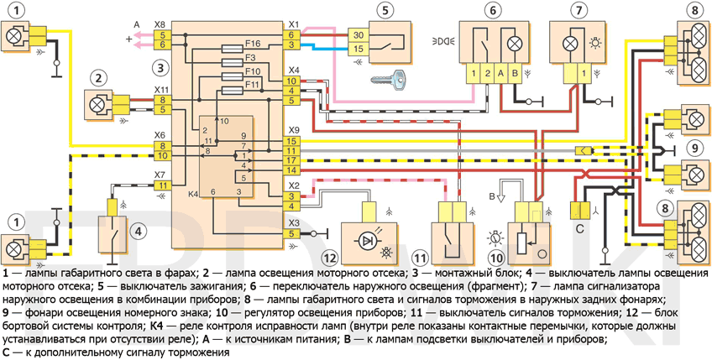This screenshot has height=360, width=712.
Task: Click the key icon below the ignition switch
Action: (x=387, y=81)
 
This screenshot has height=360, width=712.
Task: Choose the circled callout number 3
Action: (x=160, y=66)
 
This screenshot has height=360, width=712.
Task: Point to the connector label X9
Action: (x=293, y=130)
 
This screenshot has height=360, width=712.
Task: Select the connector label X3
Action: (x=293, y=222)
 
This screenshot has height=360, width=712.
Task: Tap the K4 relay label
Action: (x=193, y=194)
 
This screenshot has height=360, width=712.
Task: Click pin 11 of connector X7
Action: (x=162, y=185)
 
